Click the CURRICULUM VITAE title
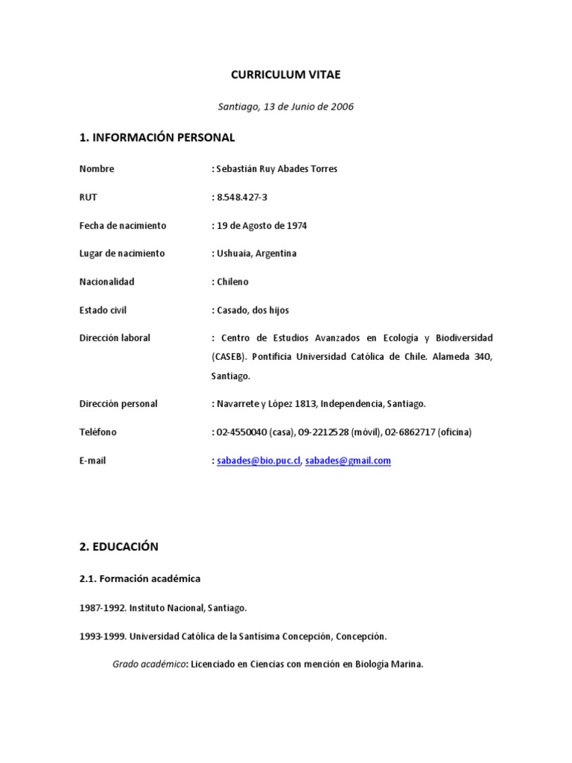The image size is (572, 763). (x=286, y=75)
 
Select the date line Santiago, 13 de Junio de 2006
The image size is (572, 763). (x=286, y=107)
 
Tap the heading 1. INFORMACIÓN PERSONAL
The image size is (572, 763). (x=157, y=137)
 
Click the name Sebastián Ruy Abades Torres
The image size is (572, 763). (x=276, y=169)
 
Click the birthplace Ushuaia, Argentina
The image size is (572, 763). (x=256, y=253)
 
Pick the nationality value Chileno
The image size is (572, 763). (x=232, y=282)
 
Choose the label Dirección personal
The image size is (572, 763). (x=118, y=404)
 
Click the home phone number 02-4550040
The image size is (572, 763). (x=240, y=432)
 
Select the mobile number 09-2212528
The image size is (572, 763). (x=322, y=432)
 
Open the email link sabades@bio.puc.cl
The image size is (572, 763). (x=258, y=460)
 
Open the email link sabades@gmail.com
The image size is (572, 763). (x=348, y=460)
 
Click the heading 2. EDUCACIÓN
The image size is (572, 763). (x=119, y=546)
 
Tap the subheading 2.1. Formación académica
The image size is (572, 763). (x=140, y=578)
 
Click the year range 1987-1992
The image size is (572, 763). (x=102, y=609)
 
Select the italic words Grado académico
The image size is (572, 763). (x=147, y=664)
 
